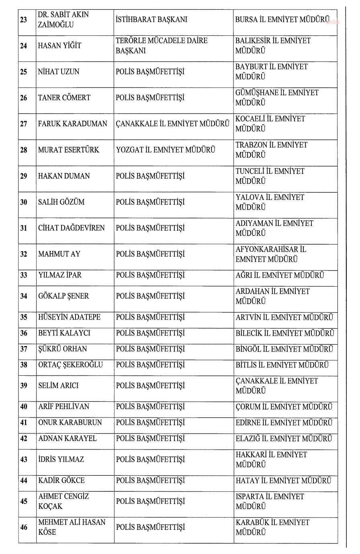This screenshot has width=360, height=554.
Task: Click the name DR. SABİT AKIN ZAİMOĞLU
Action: pos(63,20)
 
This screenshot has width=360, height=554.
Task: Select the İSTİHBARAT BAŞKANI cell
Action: pos(151,20)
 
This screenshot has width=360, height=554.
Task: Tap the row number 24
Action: pos(24,46)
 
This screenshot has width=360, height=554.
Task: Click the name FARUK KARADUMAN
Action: pos(72,124)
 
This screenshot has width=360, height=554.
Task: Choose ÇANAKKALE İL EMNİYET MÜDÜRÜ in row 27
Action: pos(173,124)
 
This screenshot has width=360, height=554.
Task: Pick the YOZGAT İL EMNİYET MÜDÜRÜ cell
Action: pos(166,150)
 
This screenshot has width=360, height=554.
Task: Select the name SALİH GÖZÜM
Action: pos(61,202)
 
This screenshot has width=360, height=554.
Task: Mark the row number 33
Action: pos(24,275)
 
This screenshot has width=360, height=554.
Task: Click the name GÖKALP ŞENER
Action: pos(63,296)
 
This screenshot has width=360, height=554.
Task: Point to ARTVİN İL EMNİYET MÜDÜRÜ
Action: pos(284,317)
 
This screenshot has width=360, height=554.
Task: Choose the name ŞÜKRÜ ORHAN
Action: pos(62,349)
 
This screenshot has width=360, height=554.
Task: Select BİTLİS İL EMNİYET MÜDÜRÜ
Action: pos(282,365)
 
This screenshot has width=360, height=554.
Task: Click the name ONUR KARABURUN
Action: pos(70,422)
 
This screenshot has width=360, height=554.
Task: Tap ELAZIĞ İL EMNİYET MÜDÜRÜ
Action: pos(284,438)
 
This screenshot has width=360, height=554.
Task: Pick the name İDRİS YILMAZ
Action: pos(61,459)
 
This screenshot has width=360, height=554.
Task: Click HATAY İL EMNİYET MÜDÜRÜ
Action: pos(283,481)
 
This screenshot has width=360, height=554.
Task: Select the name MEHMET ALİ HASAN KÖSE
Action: pos(72,527)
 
